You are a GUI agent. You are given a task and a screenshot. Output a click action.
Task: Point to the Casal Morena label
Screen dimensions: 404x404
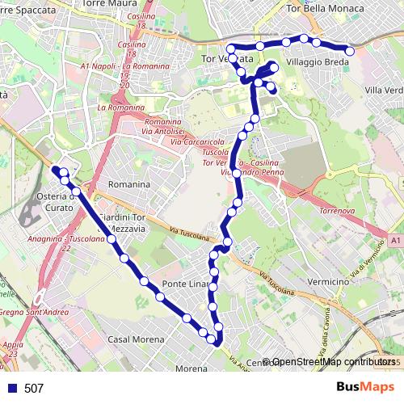[x=131, y=339]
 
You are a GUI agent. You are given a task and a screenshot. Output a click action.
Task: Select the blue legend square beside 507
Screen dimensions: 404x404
[x=11, y=389]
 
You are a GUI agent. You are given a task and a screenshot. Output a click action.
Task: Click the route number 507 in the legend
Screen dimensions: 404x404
[x=34, y=389]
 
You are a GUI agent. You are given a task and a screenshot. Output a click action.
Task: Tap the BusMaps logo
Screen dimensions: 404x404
[x=360, y=387]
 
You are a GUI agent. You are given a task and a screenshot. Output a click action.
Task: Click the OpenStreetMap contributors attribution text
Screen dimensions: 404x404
[x=335, y=361]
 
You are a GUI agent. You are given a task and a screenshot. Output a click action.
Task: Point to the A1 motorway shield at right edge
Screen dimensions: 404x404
[x=394, y=240]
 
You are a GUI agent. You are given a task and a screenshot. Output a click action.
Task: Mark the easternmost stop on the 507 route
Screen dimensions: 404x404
[x=349, y=51]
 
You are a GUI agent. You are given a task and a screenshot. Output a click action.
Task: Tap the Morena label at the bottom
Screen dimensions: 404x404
[x=191, y=368]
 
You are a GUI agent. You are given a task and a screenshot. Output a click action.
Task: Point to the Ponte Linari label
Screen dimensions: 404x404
[x=185, y=284]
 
